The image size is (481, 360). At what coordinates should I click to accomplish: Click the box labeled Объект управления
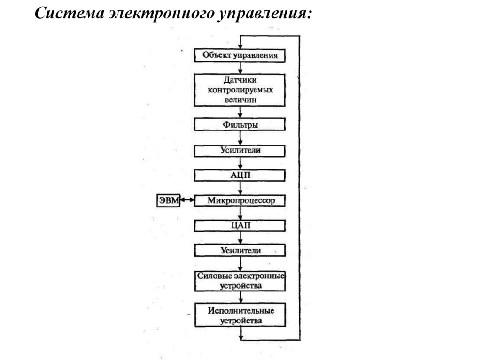tap(240, 55)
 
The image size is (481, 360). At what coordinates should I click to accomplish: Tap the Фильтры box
tap(240, 125)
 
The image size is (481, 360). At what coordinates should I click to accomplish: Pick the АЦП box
tap(240, 176)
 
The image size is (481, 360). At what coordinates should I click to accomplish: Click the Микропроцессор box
tap(240, 200)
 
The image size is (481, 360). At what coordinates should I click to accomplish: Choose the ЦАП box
tap(240, 226)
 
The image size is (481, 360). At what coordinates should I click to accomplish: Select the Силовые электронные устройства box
tap(240, 280)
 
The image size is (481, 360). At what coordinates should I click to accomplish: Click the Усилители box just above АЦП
tap(240, 151)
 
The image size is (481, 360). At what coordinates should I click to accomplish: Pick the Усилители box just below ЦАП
tap(240, 250)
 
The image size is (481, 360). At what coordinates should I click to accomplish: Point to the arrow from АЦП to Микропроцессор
tap(240, 188)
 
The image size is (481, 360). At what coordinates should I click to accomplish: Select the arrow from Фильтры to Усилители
tap(240, 138)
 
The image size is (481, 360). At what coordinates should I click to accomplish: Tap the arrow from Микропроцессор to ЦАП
tap(240, 213)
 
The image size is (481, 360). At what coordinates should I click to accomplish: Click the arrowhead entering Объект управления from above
tap(240, 45)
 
